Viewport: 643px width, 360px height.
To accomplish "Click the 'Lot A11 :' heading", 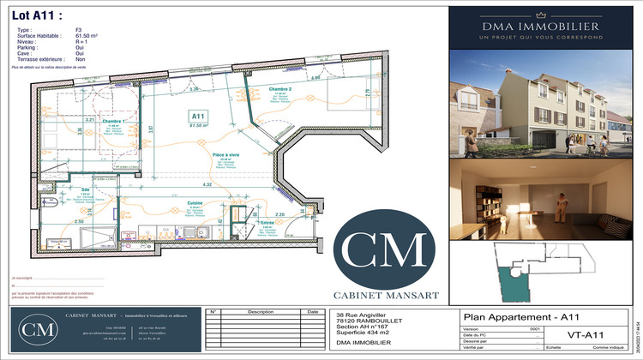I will tap(37, 14).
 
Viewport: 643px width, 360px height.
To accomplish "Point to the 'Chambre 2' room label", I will tap(280, 90).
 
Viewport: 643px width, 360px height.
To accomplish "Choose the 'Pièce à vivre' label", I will tap(225, 155).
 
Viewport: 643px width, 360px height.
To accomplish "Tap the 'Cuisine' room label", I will tap(196, 204).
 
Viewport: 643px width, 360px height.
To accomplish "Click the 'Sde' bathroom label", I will tap(85, 189).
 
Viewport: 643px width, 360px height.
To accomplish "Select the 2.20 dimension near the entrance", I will tap(279, 214).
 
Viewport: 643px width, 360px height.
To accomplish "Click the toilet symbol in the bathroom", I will tap(54, 205).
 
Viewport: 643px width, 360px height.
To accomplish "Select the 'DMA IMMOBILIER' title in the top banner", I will tap(541, 26).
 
